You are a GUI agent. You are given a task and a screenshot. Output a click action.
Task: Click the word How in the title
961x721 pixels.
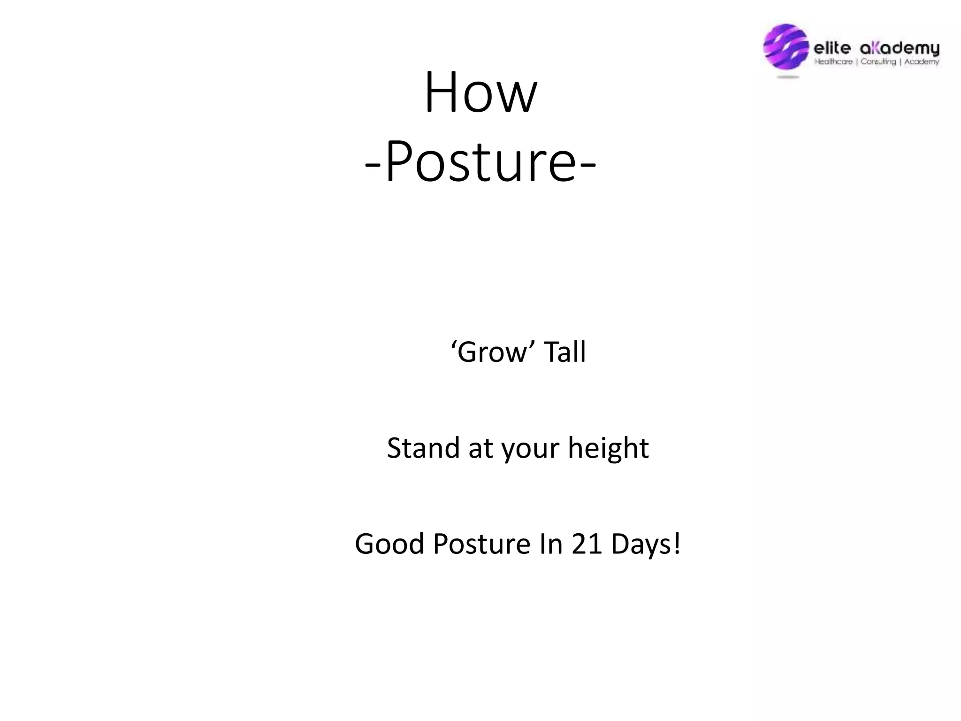coord(480,92)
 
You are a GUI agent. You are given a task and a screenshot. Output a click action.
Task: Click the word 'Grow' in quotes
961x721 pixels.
coord(493,352)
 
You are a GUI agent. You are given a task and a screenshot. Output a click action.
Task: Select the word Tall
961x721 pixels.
coord(564,352)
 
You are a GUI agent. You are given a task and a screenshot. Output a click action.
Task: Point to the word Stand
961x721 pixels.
coord(423,448)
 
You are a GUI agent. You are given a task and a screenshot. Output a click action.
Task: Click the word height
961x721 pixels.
coord(608,448)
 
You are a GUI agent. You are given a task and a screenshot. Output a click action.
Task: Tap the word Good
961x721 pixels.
coord(389,544)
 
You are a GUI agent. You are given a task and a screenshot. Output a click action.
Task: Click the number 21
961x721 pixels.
coord(587,544)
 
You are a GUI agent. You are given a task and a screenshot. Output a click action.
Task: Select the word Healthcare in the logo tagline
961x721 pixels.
coord(833,61)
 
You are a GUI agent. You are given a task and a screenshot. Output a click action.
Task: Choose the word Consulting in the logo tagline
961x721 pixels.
coord(878,61)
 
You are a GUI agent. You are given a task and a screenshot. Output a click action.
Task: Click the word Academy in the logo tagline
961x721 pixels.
coord(922,61)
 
